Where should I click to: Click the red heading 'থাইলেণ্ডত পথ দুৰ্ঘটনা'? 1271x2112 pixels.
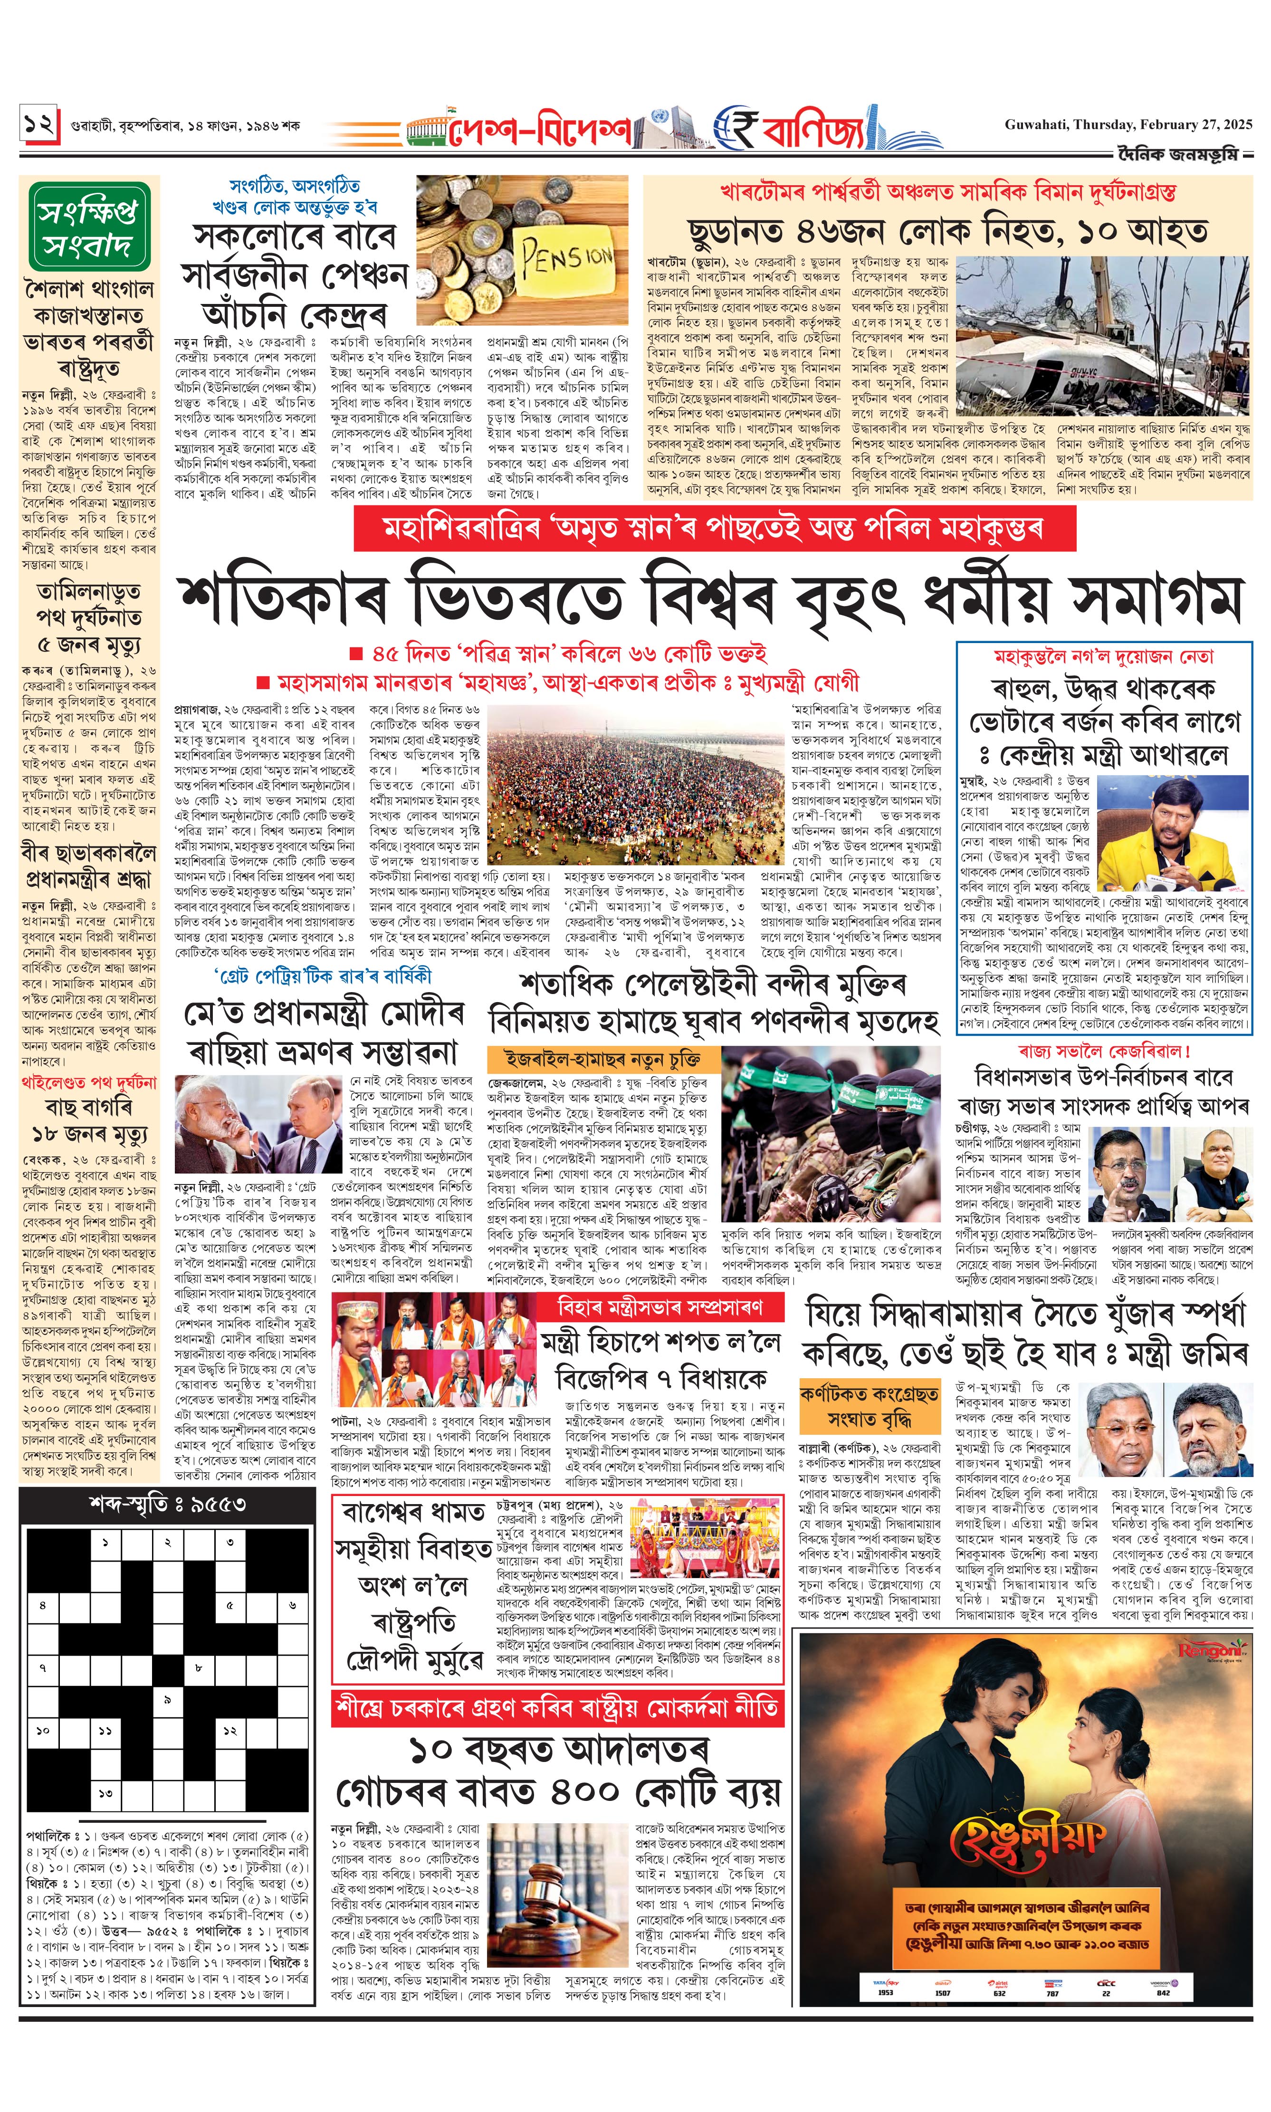pyautogui.click(x=89, y=1082)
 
